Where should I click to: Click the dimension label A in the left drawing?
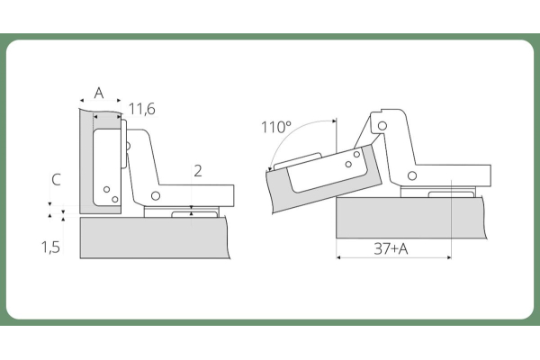99,93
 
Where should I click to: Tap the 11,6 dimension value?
142,109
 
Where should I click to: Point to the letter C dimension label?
56,180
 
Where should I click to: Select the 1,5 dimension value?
50,247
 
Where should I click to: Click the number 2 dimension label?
198,171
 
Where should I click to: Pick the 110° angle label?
276,127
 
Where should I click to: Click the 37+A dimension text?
391,248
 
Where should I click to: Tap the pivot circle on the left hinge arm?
156,196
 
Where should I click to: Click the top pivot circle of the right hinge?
382,126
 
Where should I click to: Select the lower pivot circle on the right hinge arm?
412,175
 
